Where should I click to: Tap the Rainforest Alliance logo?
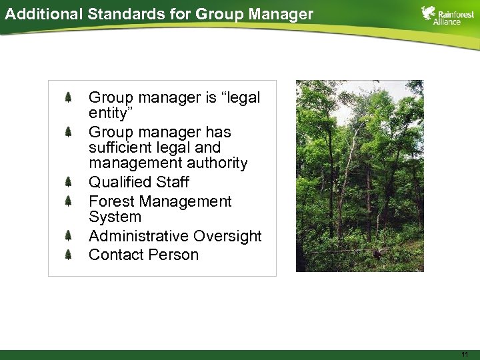(447, 15)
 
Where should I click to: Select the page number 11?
(465, 353)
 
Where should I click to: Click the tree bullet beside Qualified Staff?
(69, 182)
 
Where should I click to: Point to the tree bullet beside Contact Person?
(69, 254)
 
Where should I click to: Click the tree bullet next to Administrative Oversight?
(69, 235)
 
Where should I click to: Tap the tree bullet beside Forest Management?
(69, 201)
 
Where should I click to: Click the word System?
(115, 217)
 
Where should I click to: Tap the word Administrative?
(139, 236)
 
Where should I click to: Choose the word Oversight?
(228, 236)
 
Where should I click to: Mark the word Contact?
(117, 255)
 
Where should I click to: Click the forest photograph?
(359, 176)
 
